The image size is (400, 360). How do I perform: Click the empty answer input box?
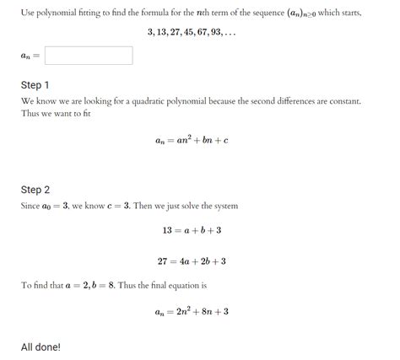[89, 56]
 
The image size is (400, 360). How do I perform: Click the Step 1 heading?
[35, 85]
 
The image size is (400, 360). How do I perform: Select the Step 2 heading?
[35, 190]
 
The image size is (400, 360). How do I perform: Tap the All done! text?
[41, 347]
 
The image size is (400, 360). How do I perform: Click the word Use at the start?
[28, 11]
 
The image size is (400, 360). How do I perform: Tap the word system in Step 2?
[227, 206]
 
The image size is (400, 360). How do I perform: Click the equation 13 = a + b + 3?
[192, 230]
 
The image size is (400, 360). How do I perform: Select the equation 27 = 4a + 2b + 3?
[192, 261]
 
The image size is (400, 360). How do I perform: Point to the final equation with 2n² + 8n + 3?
[192, 312]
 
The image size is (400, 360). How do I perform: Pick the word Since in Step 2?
[32, 206]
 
